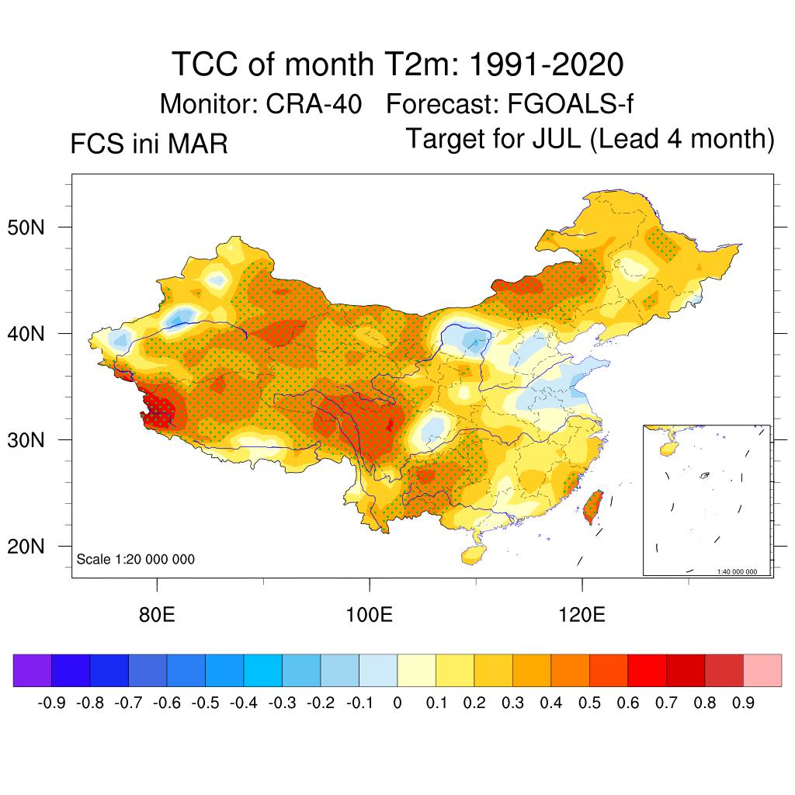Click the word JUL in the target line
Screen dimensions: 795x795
pyautogui.click(x=557, y=139)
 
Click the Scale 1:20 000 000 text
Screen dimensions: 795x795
pyautogui.click(x=136, y=559)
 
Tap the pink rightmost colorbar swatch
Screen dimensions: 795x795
pyautogui.click(x=762, y=670)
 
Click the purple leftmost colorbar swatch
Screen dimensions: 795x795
pyautogui.click(x=33, y=670)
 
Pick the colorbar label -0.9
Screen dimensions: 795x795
pyautogui.click(x=51, y=703)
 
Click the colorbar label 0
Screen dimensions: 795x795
pyautogui.click(x=397, y=703)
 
